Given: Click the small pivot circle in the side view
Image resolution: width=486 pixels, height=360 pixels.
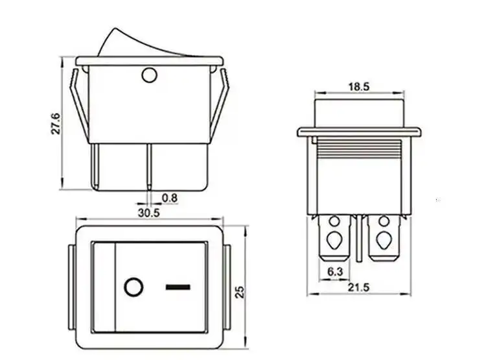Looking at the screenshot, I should (149, 77).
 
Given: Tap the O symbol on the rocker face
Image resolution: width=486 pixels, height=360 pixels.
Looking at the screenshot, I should (133, 287).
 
